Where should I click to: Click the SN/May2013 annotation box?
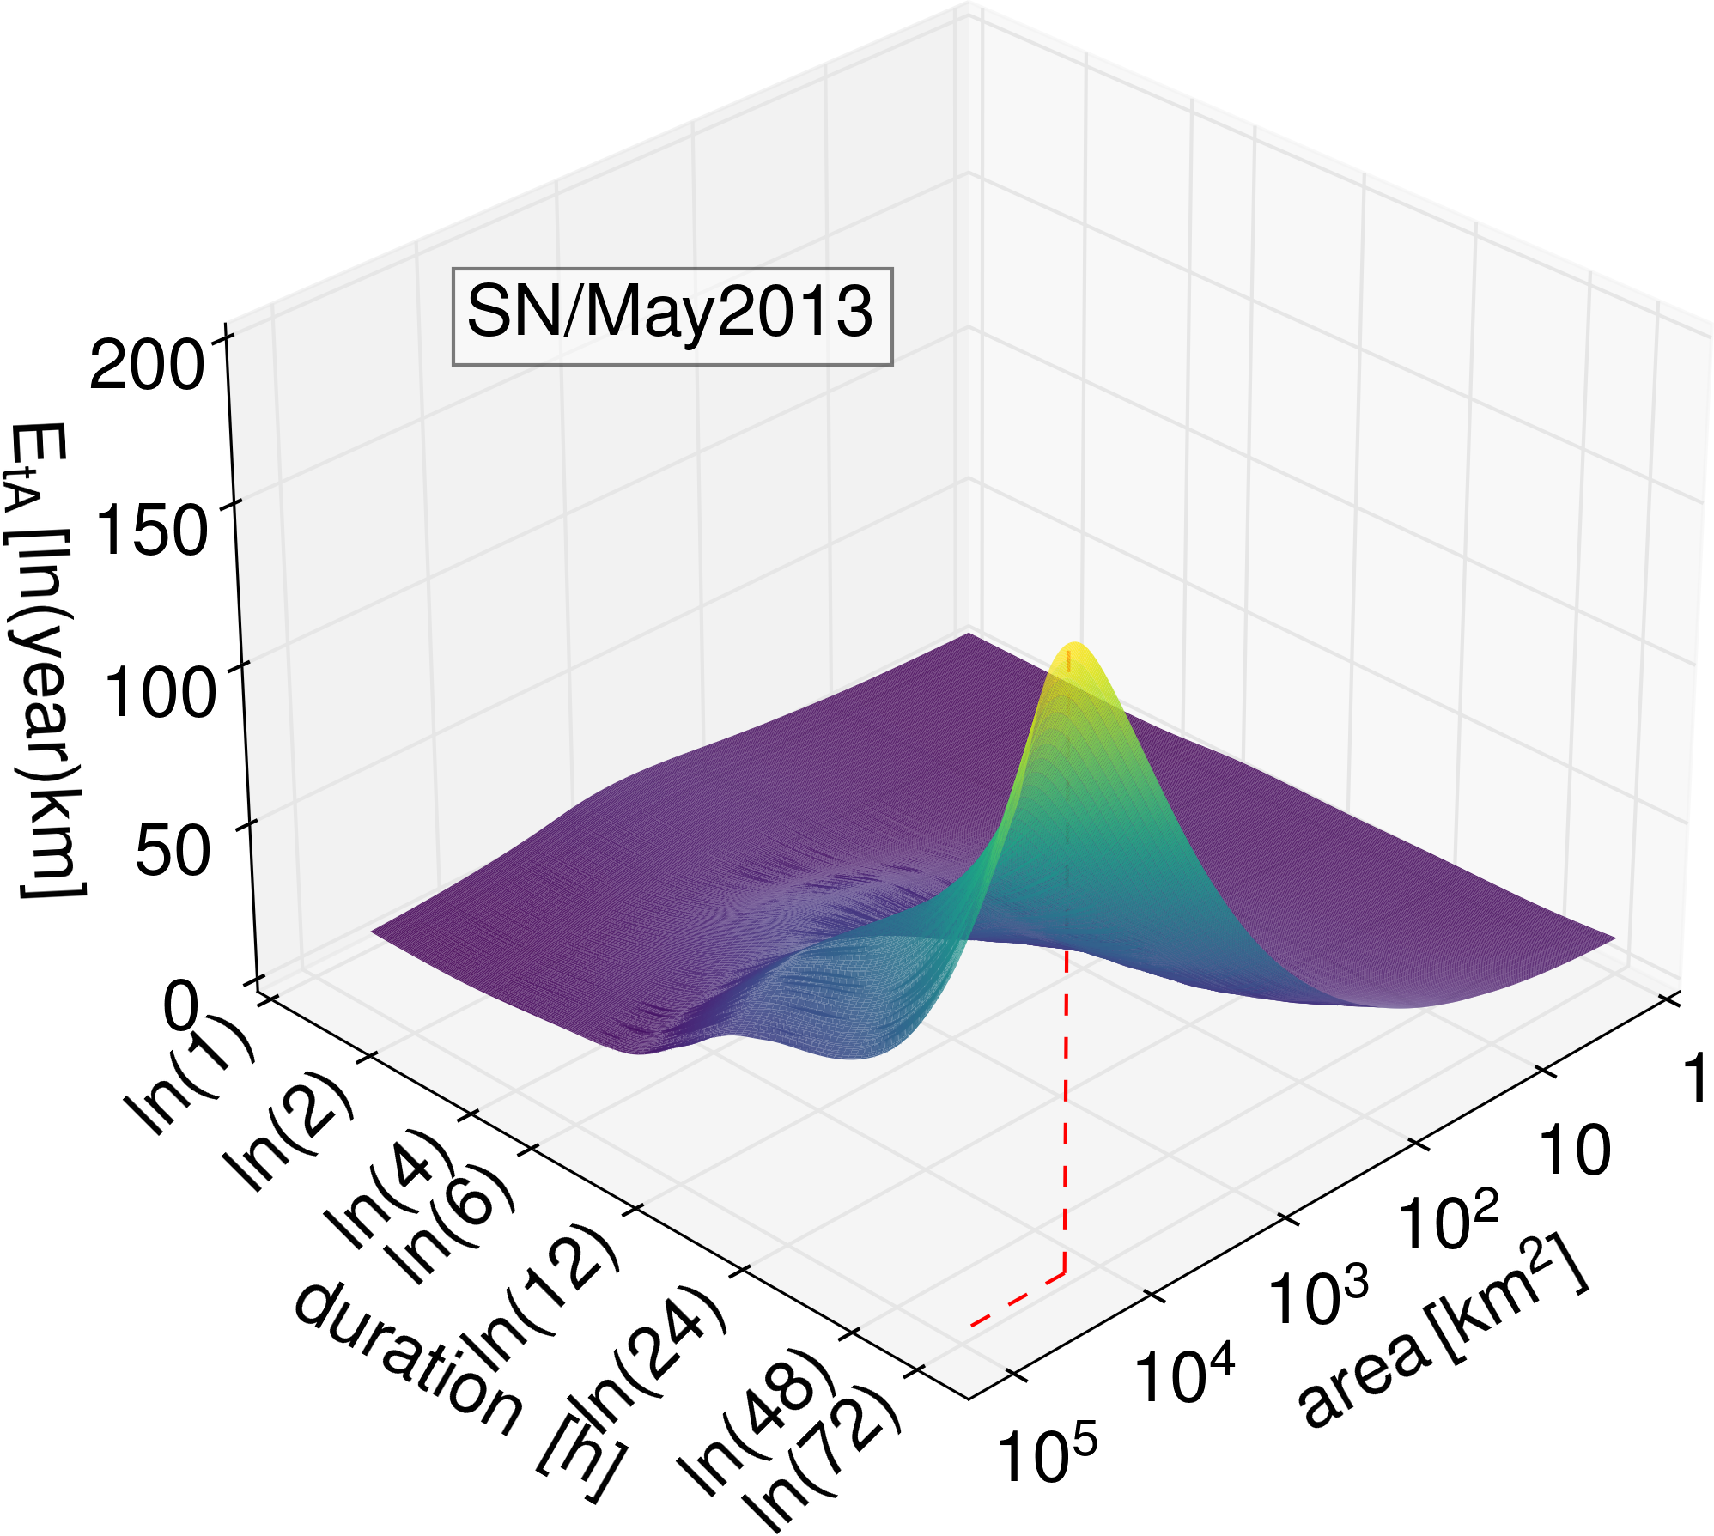[x=672, y=316]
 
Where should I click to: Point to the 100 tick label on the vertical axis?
[x=159, y=692]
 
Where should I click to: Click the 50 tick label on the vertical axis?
[x=173, y=851]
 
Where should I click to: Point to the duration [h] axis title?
[x=455, y=1391]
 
